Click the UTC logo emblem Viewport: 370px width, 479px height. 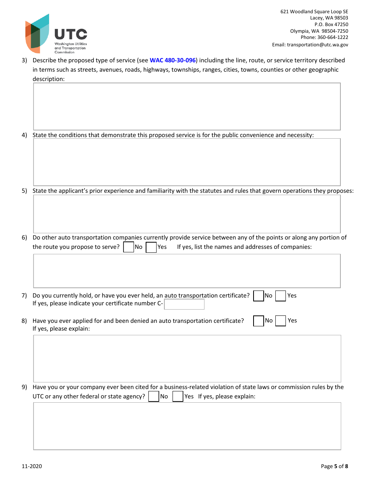click(37, 34)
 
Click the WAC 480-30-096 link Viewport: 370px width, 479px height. click(172, 60)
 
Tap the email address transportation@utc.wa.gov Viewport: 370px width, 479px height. click(317, 45)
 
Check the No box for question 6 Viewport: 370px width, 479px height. click(129, 247)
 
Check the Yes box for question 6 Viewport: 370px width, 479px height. click(151, 247)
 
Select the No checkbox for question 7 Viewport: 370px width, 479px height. click(259, 296)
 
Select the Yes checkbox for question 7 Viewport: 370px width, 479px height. click(280, 296)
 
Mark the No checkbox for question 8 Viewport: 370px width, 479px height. click(259, 321)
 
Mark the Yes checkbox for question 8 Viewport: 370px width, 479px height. click(280, 321)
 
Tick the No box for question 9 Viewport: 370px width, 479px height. click(154, 396)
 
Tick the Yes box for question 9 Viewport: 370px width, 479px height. click(178, 396)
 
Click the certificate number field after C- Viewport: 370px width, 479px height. click(184, 304)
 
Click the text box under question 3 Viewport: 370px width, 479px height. click(187, 106)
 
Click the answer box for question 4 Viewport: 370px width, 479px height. click(187, 162)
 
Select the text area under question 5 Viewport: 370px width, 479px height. click(187, 214)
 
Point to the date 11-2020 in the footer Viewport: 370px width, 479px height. click(32, 467)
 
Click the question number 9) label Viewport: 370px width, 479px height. click(24, 387)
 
